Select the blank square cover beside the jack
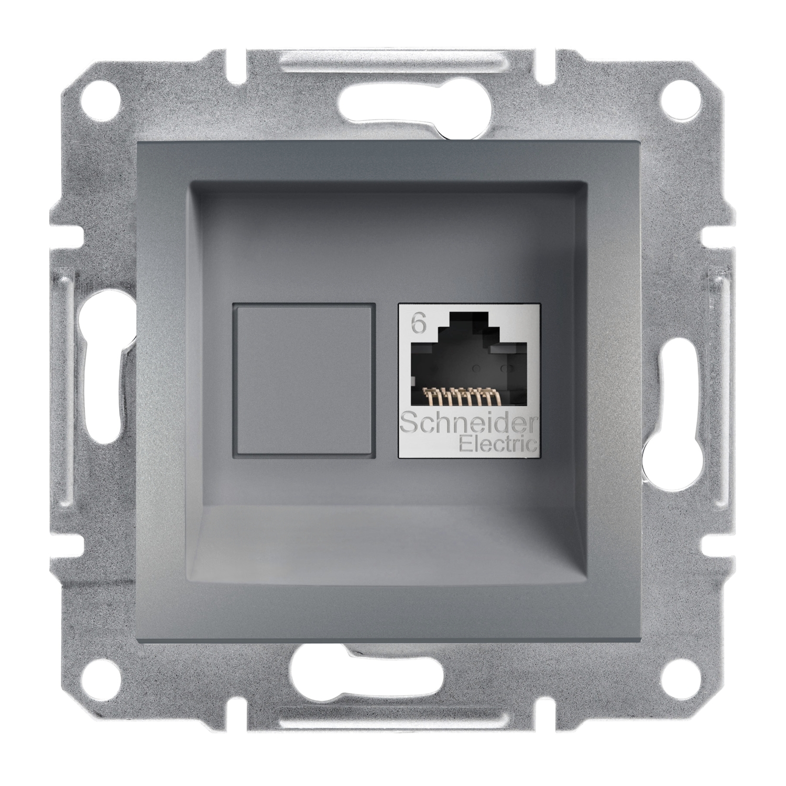click(304, 380)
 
